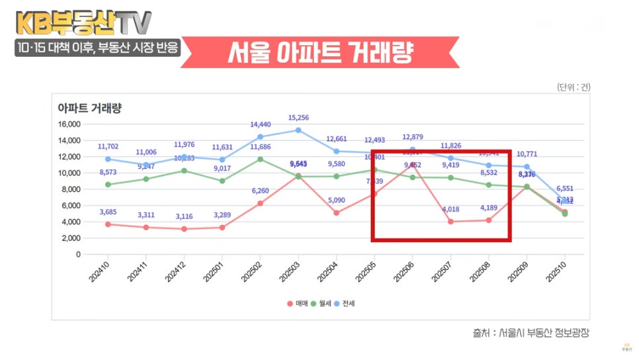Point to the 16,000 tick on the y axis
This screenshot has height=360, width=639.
coord(68,124)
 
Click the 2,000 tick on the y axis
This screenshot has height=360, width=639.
coord(70,238)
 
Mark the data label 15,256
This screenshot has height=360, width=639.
coord(298,118)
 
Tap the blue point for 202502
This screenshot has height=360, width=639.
coord(260,137)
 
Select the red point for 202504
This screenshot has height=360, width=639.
coord(336,213)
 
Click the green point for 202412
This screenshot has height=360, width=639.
coord(184,171)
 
